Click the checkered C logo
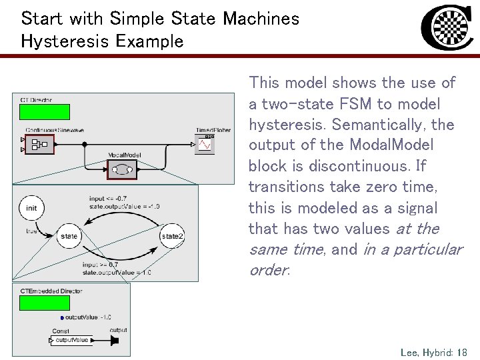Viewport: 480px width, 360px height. (x=447, y=29)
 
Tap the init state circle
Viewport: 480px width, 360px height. (x=31, y=208)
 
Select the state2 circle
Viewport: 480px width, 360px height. (x=172, y=236)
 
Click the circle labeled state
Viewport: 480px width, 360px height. (x=69, y=236)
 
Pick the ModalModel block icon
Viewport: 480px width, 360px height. (x=122, y=169)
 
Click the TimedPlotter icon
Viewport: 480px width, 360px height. (x=205, y=144)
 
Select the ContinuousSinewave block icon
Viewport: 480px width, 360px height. (x=39, y=143)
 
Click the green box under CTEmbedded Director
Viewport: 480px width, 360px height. (x=44, y=303)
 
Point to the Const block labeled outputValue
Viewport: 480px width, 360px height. (x=71, y=341)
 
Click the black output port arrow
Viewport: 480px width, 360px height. (x=114, y=341)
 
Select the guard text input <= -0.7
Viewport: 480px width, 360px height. (x=107, y=198)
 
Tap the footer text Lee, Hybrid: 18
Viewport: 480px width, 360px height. (x=434, y=351)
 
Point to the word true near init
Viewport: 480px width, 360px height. (x=31, y=231)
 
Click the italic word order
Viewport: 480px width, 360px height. (x=268, y=270)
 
